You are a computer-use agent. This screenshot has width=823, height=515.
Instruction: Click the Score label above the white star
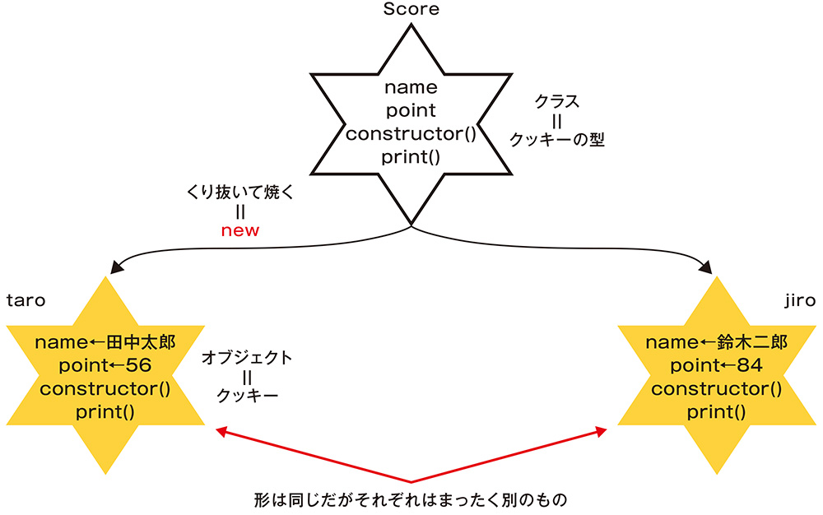tap(411, 10)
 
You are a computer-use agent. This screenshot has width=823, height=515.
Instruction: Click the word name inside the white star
tap(411, 86)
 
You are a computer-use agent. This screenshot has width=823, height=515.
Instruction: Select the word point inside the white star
tap(411, 109)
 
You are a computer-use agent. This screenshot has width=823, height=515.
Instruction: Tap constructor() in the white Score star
tap(411, 133)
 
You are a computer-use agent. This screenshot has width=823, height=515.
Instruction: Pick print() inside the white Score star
tap(411, 156)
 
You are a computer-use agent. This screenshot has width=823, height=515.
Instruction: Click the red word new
tap(240, 230)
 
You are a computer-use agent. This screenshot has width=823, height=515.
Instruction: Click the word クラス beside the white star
tap(557, 102)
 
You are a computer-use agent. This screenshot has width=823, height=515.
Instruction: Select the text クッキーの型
tap(557, 141)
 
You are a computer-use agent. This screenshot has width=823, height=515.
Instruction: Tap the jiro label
tap(799, 301)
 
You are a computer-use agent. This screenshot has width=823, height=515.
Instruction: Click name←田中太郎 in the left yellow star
tap(105, 341)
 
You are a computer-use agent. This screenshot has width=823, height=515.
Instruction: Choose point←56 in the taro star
tap(105, 364)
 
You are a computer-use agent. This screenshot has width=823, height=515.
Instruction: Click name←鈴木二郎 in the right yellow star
tap(717, 341)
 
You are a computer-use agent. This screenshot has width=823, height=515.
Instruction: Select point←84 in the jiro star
tap(717, 364)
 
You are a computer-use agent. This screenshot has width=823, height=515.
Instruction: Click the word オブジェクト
tap(247, 358)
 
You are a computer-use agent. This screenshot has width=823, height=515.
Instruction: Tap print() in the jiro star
tap(717, 411)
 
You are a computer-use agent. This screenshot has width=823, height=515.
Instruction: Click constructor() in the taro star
tap(105, 388)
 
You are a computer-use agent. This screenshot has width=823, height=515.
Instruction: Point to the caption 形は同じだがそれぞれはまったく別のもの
tap(411, 499)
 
